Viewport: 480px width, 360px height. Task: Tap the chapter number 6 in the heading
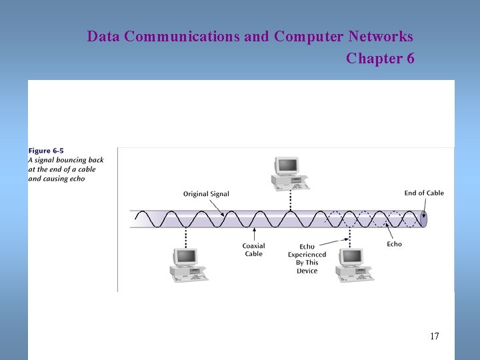pyautogui.click(x=410, y=59)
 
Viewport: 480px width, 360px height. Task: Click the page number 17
pyautogui.click(x=435, y=336)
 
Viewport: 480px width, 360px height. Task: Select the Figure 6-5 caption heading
pyautogui.click(x=46, y=151)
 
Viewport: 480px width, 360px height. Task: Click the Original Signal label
pyautogui.click(x=206, y=194)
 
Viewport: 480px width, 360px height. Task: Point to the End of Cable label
pyautogui.click(x=424, y=193)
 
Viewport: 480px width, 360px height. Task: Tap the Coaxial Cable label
pyautogui.click(x=253, y=250)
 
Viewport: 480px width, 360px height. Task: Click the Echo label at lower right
pyautogui.click(x=394, y=244)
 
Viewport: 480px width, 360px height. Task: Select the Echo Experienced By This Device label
pyautogui.click(x=307, y=259)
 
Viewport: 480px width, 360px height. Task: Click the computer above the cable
pyautogui.click(x=289, y=173)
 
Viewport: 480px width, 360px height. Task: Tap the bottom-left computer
pyautogui.click(x=186, y=264)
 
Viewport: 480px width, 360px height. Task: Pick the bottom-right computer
pyautogui.click(x=351, y=264)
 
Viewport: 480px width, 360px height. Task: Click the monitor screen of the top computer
pyautogui.click(x=287, y=165)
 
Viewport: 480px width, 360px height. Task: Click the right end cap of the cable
pyautogui.click(x=423, y=219)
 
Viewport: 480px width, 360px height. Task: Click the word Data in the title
pyautogui.click(x=103, y=36)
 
